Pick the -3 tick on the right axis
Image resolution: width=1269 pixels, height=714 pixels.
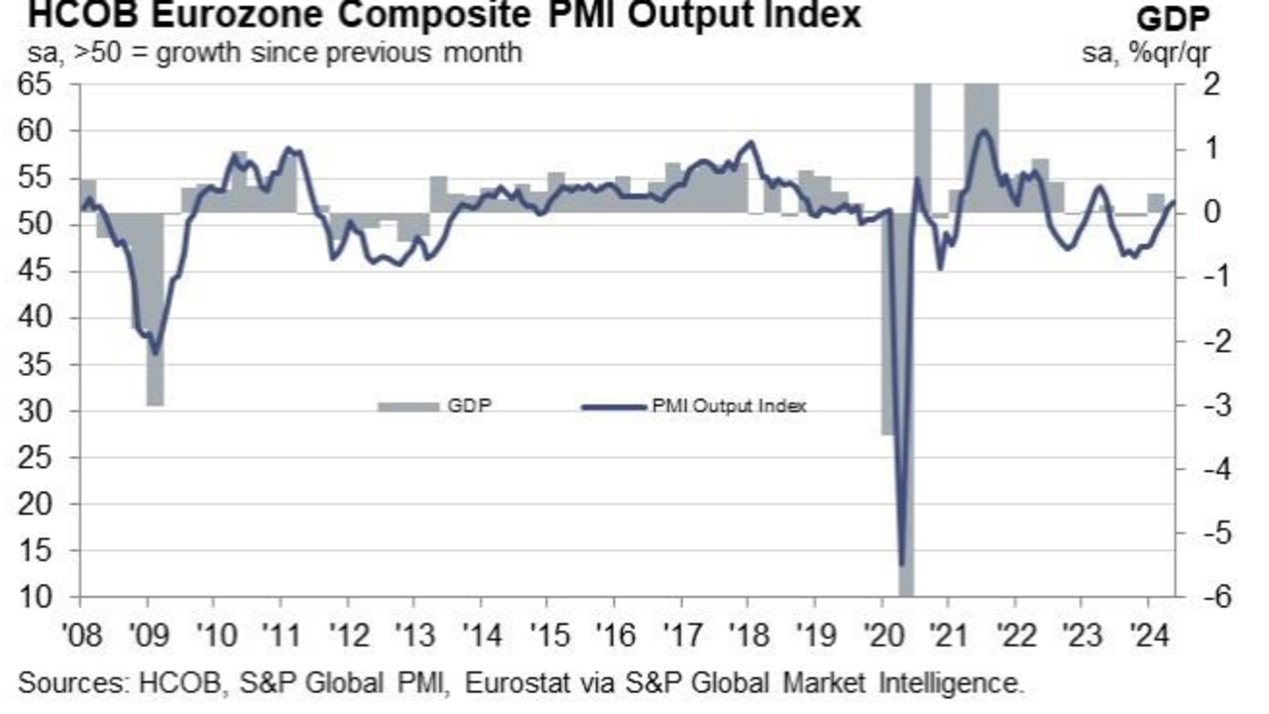tap(1196, 405)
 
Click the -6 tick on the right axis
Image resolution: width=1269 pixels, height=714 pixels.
tap(1196, 597)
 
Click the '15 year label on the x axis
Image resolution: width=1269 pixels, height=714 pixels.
tap(547, 633)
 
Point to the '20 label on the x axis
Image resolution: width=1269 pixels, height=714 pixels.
tap(881, 633)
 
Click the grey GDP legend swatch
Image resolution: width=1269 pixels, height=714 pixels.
tap(407, 406)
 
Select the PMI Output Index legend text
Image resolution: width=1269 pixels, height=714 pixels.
tap(730, 406)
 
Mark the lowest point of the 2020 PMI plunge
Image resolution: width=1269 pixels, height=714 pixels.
tap(902, 564)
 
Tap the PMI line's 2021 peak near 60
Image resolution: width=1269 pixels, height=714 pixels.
tap(982, 131)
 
